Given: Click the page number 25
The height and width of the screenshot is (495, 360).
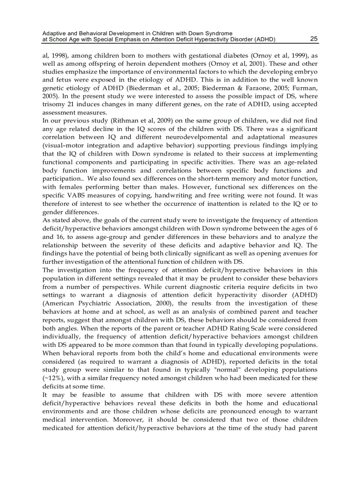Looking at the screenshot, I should coord(314,39).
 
